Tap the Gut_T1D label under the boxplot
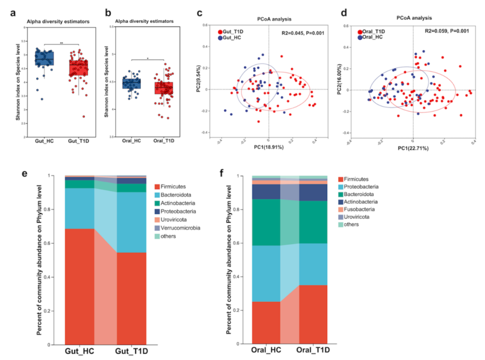click(x=78, y=143)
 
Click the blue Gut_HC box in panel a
click(x=44, y=58)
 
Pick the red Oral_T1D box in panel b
click(x=164, y=88)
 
